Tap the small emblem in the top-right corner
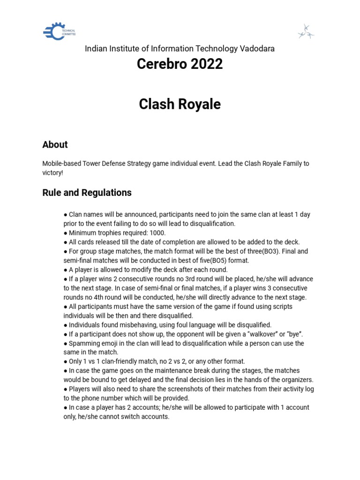(306, 32)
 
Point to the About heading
(55, 145)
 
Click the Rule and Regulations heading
(87, 193)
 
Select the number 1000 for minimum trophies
(157, 233)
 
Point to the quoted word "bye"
(294, 334)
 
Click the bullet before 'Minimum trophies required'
(66, 233)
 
